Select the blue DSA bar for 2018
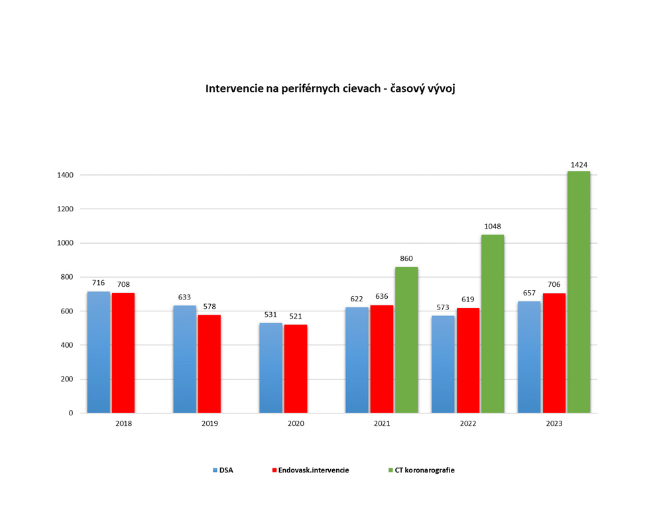[99, 352]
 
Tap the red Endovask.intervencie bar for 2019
[210, 364]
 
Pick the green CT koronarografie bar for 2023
[579, 292]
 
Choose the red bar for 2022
[468, 360]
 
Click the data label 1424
[578, 165]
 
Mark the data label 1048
[492, 226]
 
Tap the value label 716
[99, 283]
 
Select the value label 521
[296, 316]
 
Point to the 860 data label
[406, 258]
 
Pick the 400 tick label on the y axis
[67, 345]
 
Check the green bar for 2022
[493, 324]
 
